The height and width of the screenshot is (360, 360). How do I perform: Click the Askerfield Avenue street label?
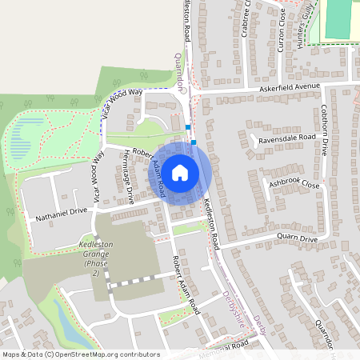tap(290, 86)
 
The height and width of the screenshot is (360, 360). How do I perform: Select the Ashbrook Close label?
tap(294, 184)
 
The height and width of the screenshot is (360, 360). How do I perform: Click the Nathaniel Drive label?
tap(60, 214)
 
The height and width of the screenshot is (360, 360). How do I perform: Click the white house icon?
tap(180, 172)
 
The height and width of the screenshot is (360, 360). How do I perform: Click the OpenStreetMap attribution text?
tap(80, 354)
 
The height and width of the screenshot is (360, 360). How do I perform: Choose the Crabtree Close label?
tap(246, 18)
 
